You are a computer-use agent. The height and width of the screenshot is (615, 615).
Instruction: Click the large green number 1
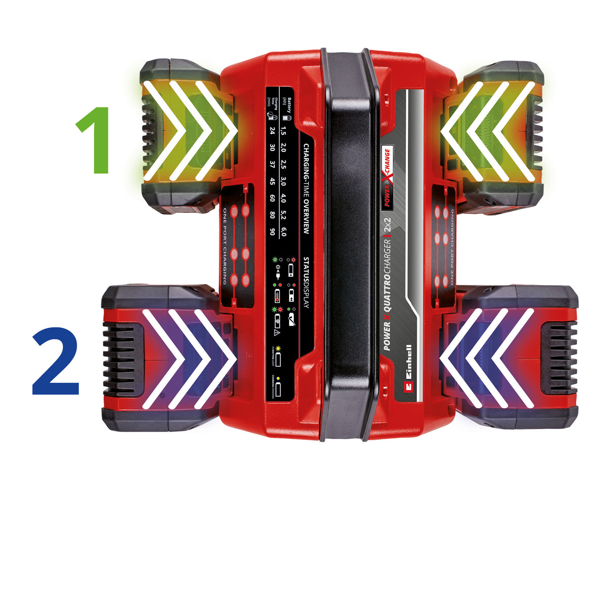click(x=95, y=140)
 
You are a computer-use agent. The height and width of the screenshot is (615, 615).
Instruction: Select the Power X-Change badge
click(x=387, y=177)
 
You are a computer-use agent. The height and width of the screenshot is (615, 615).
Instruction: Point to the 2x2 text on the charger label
click(x=388, y=224)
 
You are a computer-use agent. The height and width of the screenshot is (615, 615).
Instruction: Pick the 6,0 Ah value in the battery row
click(x=284, y=232)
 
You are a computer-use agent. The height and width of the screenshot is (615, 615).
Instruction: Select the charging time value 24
click(x=273, y=131)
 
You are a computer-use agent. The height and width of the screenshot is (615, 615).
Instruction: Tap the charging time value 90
click(x=273, y=232)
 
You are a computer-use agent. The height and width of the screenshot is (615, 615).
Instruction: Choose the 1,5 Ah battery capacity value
click(x=284, y=131)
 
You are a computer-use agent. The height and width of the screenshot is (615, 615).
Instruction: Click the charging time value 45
click(x=273, y=181)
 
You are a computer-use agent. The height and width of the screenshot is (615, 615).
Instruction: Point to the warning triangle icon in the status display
click(x=276, y=332)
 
